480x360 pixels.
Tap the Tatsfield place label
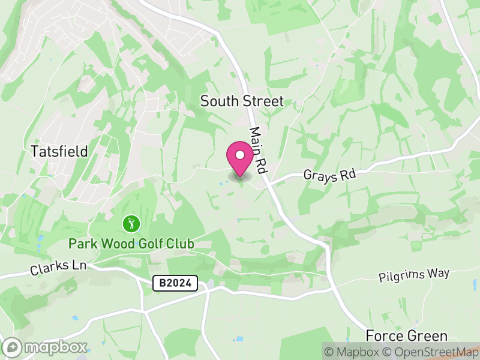click(x=59, y=151)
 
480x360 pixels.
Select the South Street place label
click(x=241, y=101)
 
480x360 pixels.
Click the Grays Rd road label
click(x=329, y=175)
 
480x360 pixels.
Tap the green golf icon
click(x=131, y=225)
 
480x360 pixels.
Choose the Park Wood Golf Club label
click(x=131, y=244)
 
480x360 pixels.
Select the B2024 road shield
click(x=175, y=284)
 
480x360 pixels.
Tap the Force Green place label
click(x=407, y=335)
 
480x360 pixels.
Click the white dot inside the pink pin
click(x=240, y=155)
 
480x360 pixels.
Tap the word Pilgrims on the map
click(x=399, y=277)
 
